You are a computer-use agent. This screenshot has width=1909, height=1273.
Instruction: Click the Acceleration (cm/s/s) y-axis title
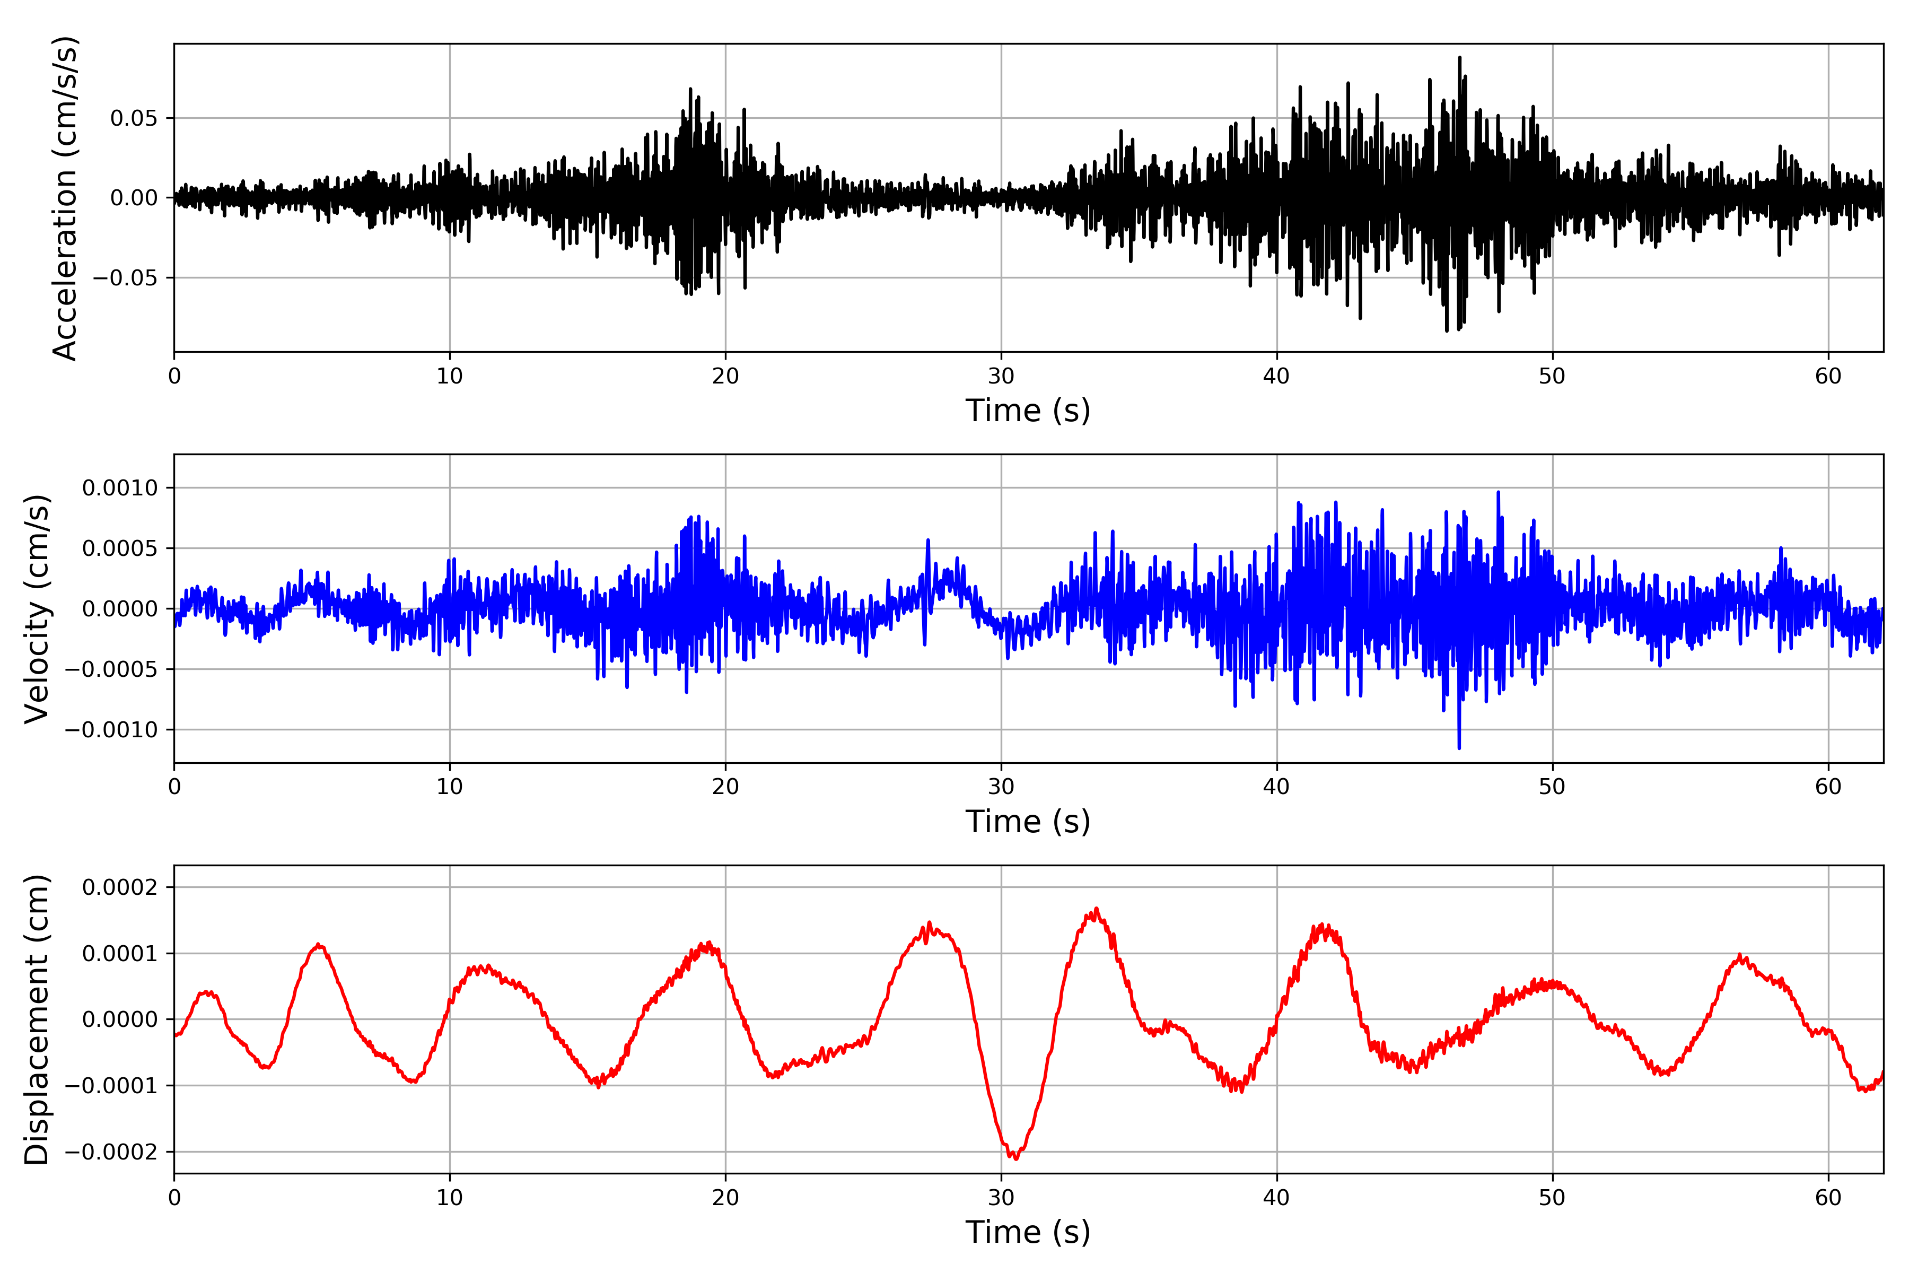point(65,197)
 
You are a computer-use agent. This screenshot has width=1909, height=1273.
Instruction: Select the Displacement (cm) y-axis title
point(37,1019)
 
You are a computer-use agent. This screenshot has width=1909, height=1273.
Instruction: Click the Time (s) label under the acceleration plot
point(1028,411)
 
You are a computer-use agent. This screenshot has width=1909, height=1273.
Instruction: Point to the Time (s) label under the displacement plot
point(1028,1232)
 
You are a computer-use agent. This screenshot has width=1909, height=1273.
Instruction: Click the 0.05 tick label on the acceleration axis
point(134,118)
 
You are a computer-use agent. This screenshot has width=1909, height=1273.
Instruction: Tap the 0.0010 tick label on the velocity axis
point(120,488)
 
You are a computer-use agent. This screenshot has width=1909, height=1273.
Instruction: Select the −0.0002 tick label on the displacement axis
point(111,1152)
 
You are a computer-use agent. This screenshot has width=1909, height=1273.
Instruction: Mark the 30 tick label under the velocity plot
point(1001,787)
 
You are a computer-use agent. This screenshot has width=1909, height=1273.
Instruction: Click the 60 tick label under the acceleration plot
point(1828,376)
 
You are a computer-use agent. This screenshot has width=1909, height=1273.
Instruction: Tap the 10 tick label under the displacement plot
point(450,1198)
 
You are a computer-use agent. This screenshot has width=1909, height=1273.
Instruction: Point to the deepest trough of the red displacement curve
point(1015,1158)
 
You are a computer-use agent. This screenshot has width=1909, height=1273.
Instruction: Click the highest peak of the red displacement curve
point(1097,909)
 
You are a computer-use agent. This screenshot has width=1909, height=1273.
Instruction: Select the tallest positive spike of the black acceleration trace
point(1459,58)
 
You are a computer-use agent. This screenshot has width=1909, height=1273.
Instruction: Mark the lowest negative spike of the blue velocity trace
point(1459,748)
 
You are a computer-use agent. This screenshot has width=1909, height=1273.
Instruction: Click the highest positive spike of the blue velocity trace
point(1499,492)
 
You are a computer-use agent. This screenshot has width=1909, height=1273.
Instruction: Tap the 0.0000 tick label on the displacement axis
point(120,1019)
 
